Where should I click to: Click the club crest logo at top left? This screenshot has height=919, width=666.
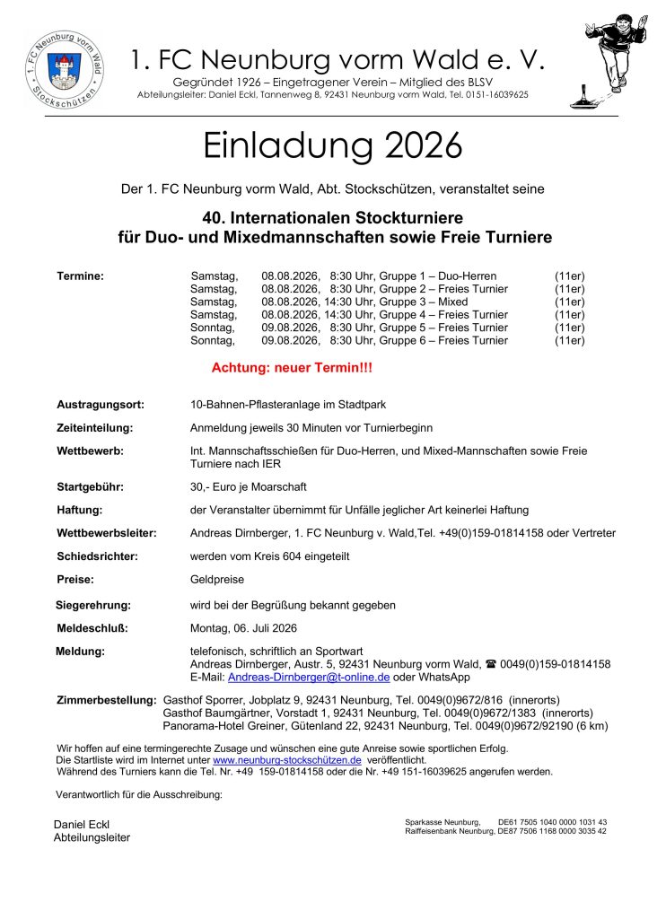pyautogui.click(x=64, y=67)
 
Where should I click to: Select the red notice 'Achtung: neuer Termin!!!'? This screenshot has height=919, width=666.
pyautogui.click(x=291, y=368)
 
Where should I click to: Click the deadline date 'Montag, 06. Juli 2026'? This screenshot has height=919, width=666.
pyautogui.click(x=243, y=628)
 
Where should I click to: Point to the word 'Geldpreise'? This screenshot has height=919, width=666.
pyautogui.click(x=217, y=580)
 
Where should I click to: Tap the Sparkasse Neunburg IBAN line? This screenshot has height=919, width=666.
pyautogui.click(x=506, y=822)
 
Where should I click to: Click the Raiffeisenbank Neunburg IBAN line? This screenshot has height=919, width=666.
pyautogui.click(x=506, y=832)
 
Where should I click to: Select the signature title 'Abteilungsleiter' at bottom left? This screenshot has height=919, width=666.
pyautogui.click(x=92, y=837)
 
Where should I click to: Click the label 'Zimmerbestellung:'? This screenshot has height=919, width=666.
pyautogui.click(x=106, y=699)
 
